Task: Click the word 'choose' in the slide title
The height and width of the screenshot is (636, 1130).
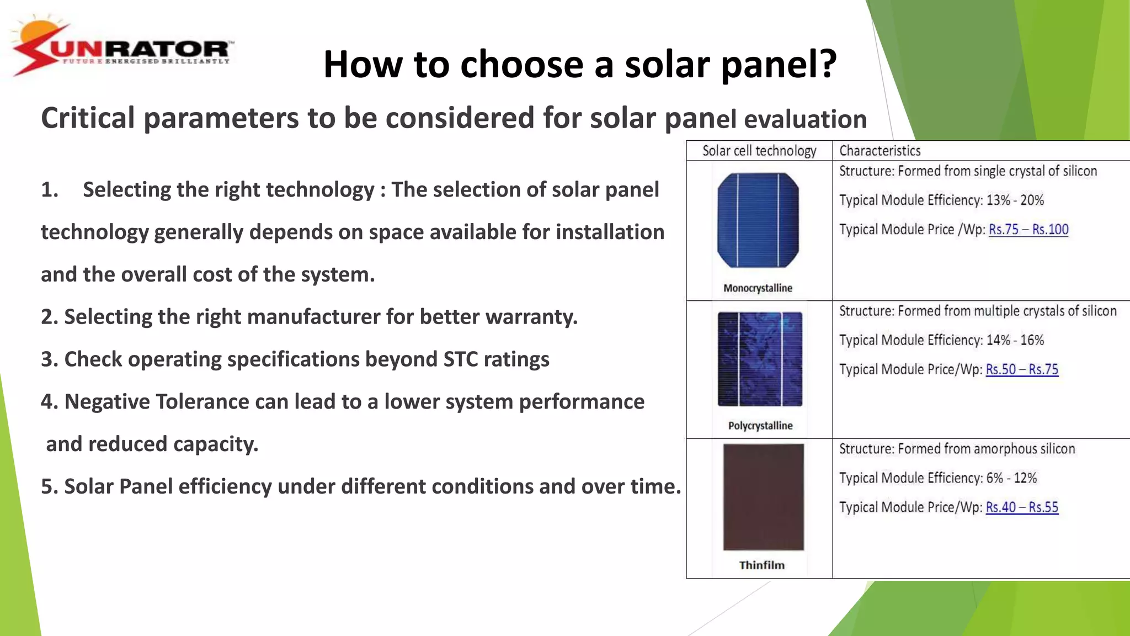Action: pyautogui.click(x=521, y=65)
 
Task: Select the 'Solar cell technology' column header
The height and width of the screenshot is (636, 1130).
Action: pyautogui.click(x=759, y=151)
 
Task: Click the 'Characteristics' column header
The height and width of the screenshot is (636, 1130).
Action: pyautogui.click(x=880, y=151)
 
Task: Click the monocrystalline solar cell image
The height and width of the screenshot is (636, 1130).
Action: pyautogui.click(x=758, y=221)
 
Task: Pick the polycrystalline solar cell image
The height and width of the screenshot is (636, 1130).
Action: pyautogui.click(x=760, y=359)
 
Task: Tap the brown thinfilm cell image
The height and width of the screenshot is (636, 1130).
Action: pyautogui.click(x=763, y=497)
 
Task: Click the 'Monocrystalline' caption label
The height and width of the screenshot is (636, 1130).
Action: pyautogui.click(x=758, y=288)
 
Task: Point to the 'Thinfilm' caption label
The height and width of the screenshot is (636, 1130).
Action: pyautogui.click(x=761, y=565)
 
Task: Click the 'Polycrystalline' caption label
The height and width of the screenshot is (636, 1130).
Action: pyautogui.click(x=760, y=426)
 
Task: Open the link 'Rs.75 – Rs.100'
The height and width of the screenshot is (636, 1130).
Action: pyautogui.click(x=1028, y=230)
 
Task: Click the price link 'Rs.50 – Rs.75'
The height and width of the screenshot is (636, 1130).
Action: pyautogui.click(x=1021, y=369)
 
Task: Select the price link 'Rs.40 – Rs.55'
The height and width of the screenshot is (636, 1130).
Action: pyautogui.click(x=1021, y=507)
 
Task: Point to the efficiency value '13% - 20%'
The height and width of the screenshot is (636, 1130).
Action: pyautogui.click(x=1015, y=200)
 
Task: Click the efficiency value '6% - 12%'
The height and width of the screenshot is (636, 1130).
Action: pyautogui.click(x=1011, y=478)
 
